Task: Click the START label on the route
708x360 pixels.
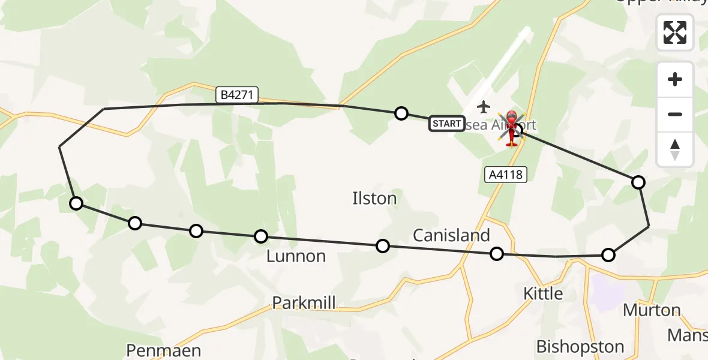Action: pos(446,124)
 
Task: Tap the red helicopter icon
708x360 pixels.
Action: pos(512,128)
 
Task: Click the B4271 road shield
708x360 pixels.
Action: pos(238,95)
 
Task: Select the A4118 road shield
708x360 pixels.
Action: pos(505,175)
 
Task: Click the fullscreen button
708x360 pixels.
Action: pos(675,32)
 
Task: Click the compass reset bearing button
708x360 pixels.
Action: pos(675,149)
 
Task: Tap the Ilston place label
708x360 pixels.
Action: pos(374,199)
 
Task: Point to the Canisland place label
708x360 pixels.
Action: pos(451,235)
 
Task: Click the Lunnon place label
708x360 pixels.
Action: pos(296,256)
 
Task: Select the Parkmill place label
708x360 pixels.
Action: pos(304,302)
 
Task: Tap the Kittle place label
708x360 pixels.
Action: pos(543,293)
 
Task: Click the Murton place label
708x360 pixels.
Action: pos(652,310)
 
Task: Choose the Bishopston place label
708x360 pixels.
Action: pos(580,346)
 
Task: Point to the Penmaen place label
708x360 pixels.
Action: pos(163,350)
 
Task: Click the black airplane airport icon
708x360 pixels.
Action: pos(484,107)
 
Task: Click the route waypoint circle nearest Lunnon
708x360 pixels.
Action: pos(260,236)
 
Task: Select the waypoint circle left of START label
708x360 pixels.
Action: pos(401,113)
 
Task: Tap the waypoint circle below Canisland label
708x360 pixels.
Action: pos(496,254)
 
